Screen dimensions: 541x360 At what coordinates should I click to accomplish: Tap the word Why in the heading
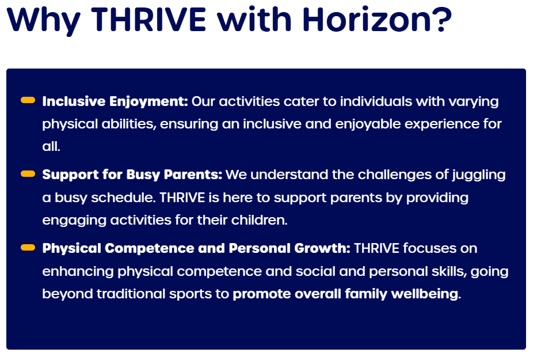pos(44,21)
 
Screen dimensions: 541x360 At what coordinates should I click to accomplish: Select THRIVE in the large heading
pos(148,20)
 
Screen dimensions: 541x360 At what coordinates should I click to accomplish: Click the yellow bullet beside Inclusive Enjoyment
pos(28,100)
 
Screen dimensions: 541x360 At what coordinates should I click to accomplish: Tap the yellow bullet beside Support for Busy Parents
pos(28,173)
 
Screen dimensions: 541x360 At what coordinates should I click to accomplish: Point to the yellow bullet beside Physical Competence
pos(28,248)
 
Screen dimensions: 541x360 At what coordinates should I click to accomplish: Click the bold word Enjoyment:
pos(148,102)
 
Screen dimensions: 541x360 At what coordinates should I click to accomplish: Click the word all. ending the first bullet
pos(51,146)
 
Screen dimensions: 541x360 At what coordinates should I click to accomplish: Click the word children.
pos(259,220)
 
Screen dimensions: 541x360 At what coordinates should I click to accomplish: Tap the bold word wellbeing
pos(426,294)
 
